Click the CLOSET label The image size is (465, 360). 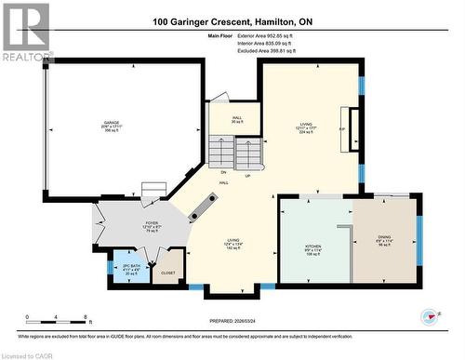click(168, 273)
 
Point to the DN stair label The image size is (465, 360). click(224, 173)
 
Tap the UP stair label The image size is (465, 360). click(246, 175)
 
